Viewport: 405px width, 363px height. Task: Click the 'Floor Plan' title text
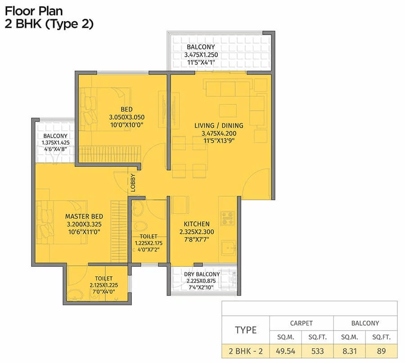click(x=33, y=11)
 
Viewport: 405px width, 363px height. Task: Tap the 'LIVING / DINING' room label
click(x=219, y=125)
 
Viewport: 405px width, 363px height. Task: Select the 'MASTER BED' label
click(x=81, y=216)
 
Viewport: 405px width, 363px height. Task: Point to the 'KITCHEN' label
click(x=196, y=224)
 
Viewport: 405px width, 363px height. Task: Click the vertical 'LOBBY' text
click(x=133, y=183)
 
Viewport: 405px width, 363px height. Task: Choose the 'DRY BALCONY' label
click(x=202, y=274)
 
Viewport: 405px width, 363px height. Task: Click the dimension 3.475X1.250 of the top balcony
click(x=201, y=55)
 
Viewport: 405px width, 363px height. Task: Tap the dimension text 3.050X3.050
click(x=126, y=117)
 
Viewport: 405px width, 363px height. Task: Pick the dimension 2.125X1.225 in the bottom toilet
click(x=103, y=285)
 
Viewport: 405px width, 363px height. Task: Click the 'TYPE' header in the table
click(x=246, y=330)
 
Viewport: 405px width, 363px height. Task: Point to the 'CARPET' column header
click(x=301, y=323)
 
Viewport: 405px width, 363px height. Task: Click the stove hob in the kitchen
click(x=227, y=218)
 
